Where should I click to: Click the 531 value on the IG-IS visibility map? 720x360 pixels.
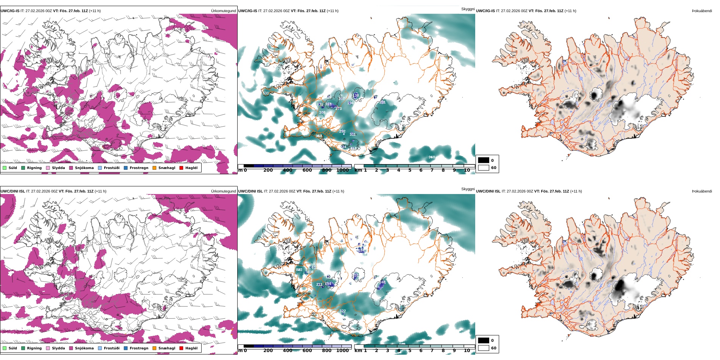[x=266, y=93]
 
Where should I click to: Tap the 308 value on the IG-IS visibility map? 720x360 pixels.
[x=322, y=113]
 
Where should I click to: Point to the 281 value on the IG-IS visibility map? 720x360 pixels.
[x=382, y=102]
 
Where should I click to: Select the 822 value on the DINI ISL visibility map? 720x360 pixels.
[x=299, y=270]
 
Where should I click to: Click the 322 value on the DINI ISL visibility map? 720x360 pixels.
[x=343, y=311]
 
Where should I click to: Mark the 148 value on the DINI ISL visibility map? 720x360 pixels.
[x=382, y=282]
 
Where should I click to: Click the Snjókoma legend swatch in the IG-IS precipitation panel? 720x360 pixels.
[x=71, y=168]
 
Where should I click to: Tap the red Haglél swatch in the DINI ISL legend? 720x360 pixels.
[x=182, y=348]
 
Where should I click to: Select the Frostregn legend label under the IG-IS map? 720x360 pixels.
[x=139, y=168]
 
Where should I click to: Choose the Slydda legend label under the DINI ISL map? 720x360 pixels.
[x=58, y=348]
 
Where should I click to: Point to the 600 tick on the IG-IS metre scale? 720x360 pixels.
[x=307, y=170]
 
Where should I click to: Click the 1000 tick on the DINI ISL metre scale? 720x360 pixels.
[x=343, y=351]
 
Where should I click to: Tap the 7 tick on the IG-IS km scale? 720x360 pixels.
[x=432, y=170]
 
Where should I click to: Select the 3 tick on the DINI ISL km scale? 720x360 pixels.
[x=387, y=351]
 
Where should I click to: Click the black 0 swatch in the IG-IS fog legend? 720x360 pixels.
[x=484, y=160]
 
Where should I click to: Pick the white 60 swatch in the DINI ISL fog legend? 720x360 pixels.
[x=484, y=348]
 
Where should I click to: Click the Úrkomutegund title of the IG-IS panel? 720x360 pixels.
[x=223, y=11]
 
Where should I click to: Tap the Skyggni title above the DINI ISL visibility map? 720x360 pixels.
[x=468, y=189]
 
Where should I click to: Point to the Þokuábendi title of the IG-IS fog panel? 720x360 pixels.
[x=702, y=11]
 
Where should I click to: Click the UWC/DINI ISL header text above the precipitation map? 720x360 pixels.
[x=13, y=191]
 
